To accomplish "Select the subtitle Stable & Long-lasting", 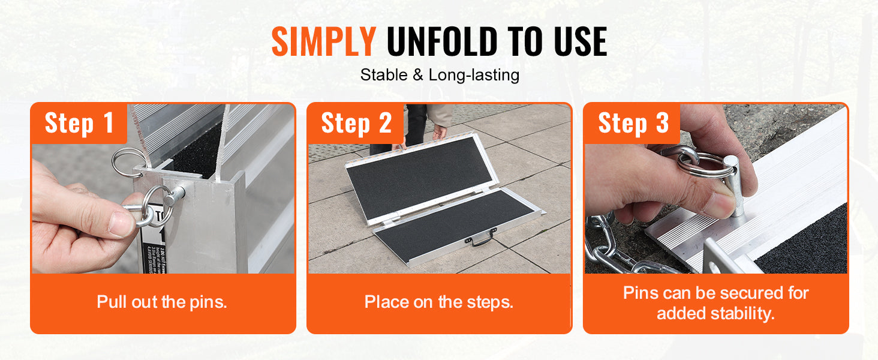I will coord(439,76).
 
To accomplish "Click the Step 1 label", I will coord(79,123).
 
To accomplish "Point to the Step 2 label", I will coord(356,123).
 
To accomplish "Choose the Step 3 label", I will coord(633,123).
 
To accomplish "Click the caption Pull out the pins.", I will coord(162,302).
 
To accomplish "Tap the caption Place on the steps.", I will coord(439,302).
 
